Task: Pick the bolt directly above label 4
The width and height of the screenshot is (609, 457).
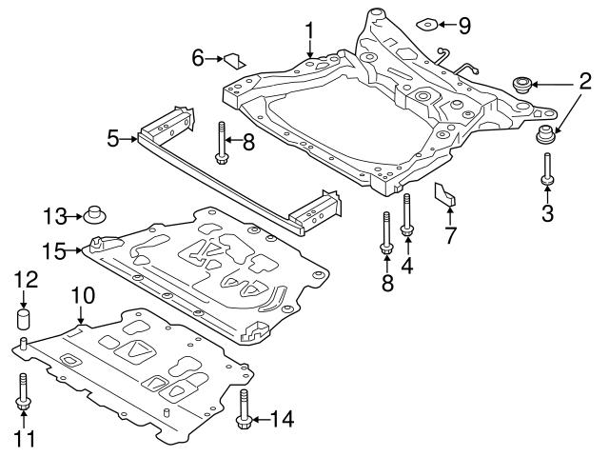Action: [407, 215]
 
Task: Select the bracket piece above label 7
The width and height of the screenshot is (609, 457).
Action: [444, 193]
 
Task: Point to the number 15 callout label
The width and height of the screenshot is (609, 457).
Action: [52, 250]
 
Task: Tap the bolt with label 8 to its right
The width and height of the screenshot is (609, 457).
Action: [221, 140]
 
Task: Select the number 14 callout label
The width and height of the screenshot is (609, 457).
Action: [282, 417]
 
